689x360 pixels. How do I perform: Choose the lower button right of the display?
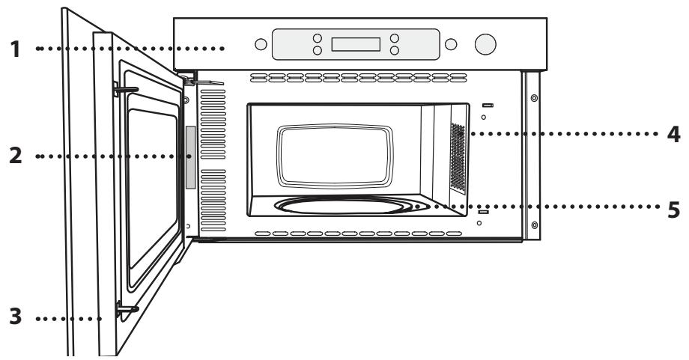[x=395, y=51]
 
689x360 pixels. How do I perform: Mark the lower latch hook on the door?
[x=125, y=307]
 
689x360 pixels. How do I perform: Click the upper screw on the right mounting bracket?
[x=533, y=98]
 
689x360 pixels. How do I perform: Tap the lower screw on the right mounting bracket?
[x=533, y=223]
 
